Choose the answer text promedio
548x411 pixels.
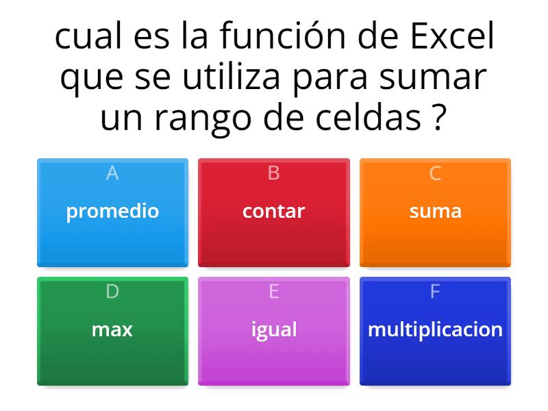click(x=112, y=211)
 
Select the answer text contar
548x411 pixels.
click(x=273, y=211)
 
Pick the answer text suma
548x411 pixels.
click(x=435, y=211)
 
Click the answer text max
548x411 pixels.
click(x=112, y=329)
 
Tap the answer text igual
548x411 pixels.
click(x=273, y=329)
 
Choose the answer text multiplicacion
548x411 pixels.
click(x=435, y=329)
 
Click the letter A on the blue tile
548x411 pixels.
click(x=112, y=174)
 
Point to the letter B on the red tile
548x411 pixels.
click(x=273, y=174)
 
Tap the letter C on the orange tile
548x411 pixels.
click(x=435, y=174)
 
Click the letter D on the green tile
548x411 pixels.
click(x=112, y=292)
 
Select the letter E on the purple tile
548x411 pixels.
click(x=273, y=292)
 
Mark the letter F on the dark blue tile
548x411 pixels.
click(x=435, y=292)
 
